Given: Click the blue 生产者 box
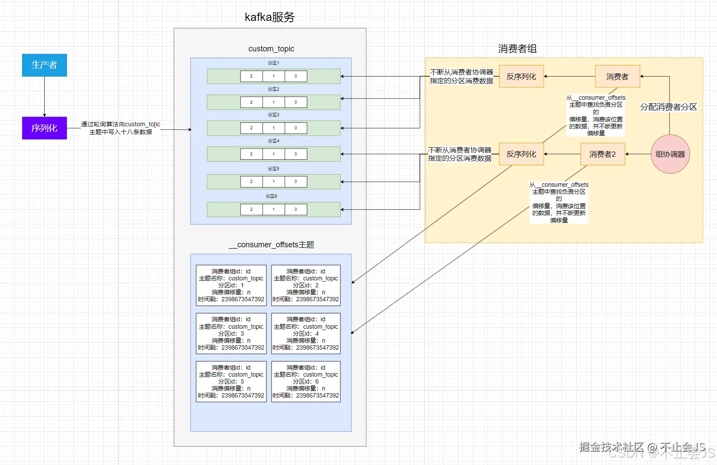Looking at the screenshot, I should click(44, 65).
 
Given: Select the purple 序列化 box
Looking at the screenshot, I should click(44, 128).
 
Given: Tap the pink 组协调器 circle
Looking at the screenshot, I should click(670, 154).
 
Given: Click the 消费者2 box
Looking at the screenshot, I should click(603, 154).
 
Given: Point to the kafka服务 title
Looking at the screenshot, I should click(270, 17).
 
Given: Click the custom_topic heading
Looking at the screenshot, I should click(271, 49).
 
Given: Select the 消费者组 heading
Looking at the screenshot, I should click(517, 49).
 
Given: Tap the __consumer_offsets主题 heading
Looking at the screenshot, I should click(271, 245).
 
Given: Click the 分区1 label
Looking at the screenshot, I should click(273, 63).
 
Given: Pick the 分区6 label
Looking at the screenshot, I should click(271, 196).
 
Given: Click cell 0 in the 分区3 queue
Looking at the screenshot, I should click(296, 128).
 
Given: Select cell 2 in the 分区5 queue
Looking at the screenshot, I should click(251, 182).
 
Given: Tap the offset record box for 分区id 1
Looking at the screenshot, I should click(231, 285).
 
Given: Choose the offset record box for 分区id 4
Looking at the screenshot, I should click(306, 334).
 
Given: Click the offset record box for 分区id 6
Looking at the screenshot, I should click(306, 381).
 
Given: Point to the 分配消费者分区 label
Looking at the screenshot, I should click(668, 107).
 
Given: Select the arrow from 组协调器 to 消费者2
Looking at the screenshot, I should click(638, 154).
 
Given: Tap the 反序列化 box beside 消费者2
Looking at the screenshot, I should click(521, 154).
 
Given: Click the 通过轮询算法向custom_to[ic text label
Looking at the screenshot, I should click(121, 125).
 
